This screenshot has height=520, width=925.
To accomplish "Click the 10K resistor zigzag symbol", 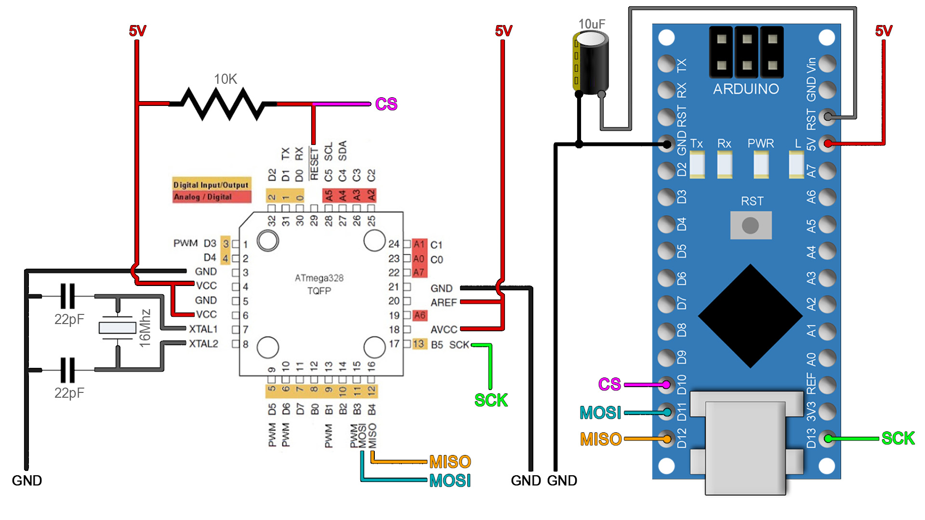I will click(223, 104).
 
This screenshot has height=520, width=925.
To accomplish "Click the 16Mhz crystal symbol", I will click(118, 328).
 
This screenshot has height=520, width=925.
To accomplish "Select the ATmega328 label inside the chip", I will click(319, 278).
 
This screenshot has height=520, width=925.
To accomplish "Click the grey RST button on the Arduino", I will click(750, 225).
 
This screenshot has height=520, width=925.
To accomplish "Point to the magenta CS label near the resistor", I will click(386, 104).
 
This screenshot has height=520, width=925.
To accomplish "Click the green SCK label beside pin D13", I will click(898, 438).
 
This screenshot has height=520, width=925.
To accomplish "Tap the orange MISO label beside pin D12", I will click(600, 439).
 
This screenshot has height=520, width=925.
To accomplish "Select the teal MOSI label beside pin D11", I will click(600, 413).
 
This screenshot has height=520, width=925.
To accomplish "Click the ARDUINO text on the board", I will click(746, 89).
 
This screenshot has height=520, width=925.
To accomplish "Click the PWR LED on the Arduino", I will click(761, 164).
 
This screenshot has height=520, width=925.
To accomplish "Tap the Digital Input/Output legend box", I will click(211, 184).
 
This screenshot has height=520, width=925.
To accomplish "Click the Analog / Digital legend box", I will click(211, 197).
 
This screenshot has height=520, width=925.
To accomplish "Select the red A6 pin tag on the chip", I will click(420, 315).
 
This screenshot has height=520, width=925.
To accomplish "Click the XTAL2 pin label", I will click(203, 344).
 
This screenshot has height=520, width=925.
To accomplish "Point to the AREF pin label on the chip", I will click(443, 303).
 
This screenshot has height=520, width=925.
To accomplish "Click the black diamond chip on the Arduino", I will click(750, 316).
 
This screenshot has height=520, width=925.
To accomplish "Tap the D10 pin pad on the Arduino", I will click(666, 384).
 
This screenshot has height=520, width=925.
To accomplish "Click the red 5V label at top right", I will click(884, 31).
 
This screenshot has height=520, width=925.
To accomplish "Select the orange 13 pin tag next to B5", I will click(419, 344).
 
